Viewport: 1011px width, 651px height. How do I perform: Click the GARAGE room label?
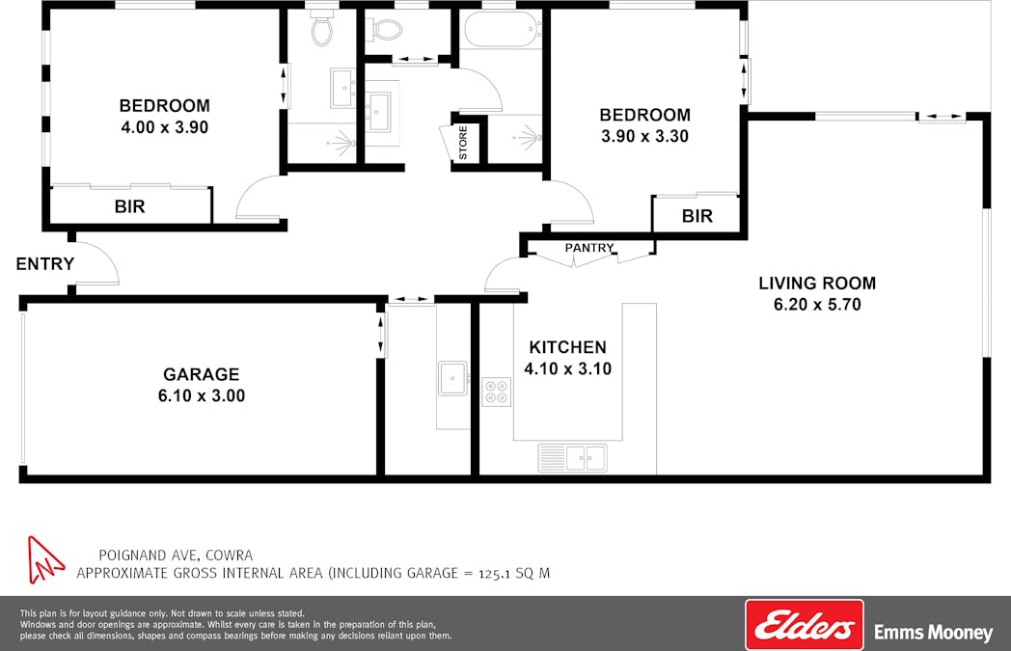pyautogui.click(x=202, y=374)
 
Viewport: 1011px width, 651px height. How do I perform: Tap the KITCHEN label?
pyautogui.click(x=567, y=347)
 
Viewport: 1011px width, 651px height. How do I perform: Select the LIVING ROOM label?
pyautogui.click(x=817, y=283)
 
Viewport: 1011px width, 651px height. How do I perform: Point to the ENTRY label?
pyautogui.click(x=45, y=263)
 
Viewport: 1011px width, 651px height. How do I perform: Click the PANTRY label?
pyautogui.click(x=589, y=248)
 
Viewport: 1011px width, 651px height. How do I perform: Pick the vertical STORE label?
pyautogui.click(x=463, y=143)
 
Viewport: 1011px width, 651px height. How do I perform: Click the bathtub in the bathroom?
pyautogui.click(x=503, y=29)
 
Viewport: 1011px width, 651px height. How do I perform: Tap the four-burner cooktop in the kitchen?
pyautogui.click(x=497, y=392)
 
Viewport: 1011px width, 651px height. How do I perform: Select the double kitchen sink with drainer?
pyautogui.click(x=573, y=458)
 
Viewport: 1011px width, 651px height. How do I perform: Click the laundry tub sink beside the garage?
pyautogui.click(x=453, y=378)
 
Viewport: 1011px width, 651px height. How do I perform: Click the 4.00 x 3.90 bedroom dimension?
pyautogui.click(x=164, y=127)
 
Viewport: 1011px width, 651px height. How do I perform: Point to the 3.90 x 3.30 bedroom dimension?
pyautogui.click(x=644, y=136)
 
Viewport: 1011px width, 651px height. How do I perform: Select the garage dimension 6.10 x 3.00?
pyautogui.click(x=202, y=395)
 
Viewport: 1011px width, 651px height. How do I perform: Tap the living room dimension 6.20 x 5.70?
pyautogui.click(x=817, y=304)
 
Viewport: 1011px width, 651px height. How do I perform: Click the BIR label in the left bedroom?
pyautogui.click(x=129, y=207)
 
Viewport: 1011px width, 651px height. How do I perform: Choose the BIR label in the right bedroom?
pyautogui.click(x=697, y=216)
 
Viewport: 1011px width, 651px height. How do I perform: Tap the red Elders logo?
pyautogui.click(x=804, y=625)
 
